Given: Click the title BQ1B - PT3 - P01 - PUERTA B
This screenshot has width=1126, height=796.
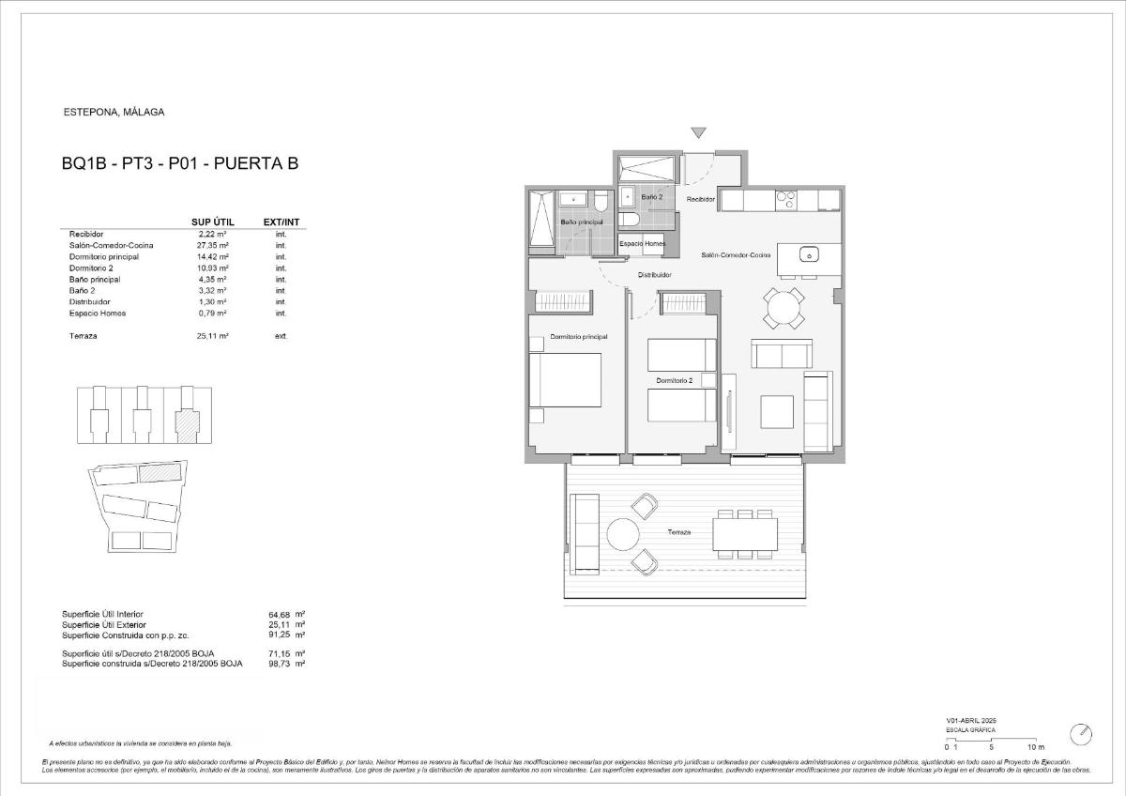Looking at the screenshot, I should click(179, 164).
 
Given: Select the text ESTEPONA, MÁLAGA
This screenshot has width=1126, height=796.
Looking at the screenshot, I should click(113, 112).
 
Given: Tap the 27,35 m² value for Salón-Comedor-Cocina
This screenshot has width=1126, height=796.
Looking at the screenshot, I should click(213, 245).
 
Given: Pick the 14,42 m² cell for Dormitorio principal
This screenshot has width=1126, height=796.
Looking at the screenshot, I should click(213, 256).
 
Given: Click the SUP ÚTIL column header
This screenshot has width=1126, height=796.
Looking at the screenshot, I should click(212, 222).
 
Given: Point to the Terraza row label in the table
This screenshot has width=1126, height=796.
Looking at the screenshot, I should click(84, 335).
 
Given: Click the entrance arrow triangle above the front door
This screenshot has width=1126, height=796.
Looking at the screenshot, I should click(697, 133).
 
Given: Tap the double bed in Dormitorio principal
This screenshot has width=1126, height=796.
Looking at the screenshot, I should click(565, 380).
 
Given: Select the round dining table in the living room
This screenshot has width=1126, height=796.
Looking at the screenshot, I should click(784, 308).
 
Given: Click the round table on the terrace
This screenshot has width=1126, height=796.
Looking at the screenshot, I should click(624, 535).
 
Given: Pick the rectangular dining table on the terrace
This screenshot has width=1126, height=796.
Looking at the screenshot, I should click(745, 534).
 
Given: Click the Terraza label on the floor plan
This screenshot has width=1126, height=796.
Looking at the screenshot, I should click(678, 532).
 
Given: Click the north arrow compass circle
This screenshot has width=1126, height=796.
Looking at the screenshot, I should click(1082, 733).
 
